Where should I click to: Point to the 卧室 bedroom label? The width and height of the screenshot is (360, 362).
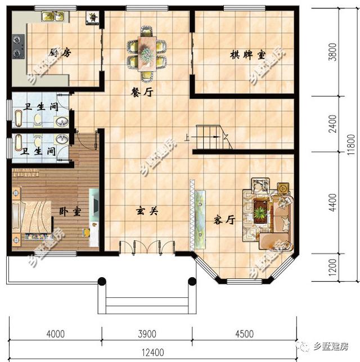(x=70, y=212)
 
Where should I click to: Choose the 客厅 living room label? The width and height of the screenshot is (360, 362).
(x=223, y=220)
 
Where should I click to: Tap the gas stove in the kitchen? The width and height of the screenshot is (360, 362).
(x=18, y=47)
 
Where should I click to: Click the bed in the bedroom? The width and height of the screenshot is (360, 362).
(x=34, y=215)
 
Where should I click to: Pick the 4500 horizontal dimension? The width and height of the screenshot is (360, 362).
(x=244, y=334)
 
